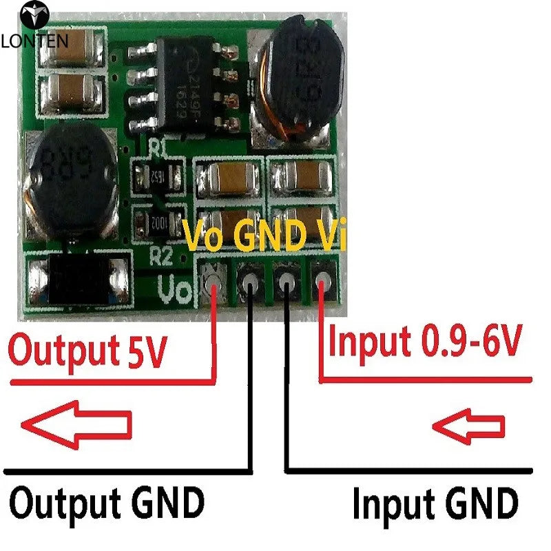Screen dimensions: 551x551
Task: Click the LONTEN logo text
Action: pyautogui.click(x=34, y=40)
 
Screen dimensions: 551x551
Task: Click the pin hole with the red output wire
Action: pyautogui.click(x=214, y=280)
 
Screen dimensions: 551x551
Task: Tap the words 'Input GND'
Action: pyautogui.click(x=435, y=504)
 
